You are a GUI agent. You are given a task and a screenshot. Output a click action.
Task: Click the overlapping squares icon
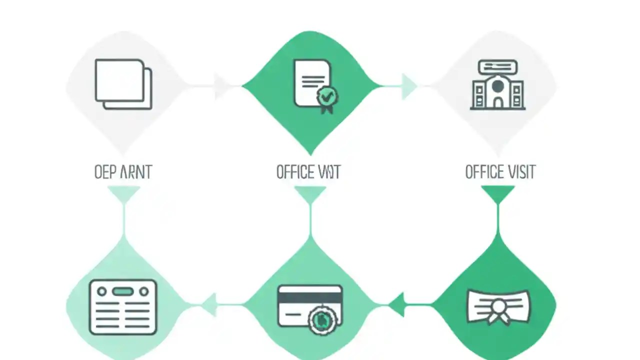click(123, 84)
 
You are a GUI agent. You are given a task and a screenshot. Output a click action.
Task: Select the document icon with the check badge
click(313, 84)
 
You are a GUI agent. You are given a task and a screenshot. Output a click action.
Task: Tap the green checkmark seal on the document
click(327, 95)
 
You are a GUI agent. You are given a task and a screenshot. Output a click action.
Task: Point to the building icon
click(497, 85)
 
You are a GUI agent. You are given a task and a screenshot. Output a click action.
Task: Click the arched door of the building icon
click(497, 102)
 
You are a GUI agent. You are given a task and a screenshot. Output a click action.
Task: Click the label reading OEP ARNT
click(122, 172)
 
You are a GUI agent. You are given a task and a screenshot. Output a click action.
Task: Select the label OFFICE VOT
click(308, 172)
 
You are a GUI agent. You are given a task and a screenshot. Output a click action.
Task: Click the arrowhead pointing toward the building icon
click(408, 86)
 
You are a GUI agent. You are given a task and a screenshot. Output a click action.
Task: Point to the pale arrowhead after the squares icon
click(221, 86)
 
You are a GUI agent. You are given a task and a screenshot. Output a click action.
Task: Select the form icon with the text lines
click(123, 307)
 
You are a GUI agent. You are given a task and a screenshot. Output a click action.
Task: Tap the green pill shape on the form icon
click(123, 291)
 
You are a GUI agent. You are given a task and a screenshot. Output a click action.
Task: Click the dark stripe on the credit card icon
click(310, 297)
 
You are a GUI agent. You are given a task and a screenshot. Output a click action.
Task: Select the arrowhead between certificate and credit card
click(397, 304)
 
